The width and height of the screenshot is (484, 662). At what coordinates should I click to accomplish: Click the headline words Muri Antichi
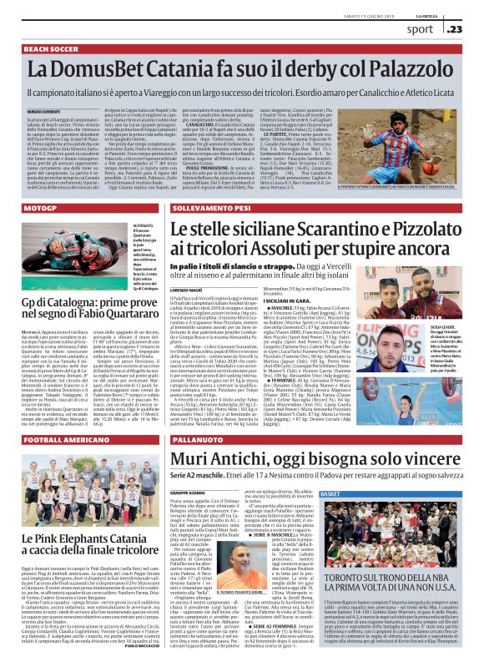(219, 459)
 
